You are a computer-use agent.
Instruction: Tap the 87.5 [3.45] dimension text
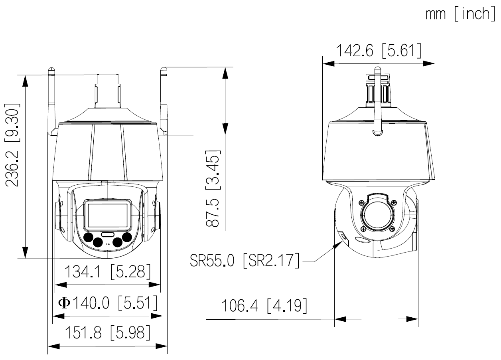click(213, 189)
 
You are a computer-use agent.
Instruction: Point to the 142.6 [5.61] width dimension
click(378, 51)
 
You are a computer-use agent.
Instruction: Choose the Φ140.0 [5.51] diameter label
click(108, 303)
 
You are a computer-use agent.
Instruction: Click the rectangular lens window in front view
click(108, 215)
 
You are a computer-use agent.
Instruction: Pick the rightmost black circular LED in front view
click(127, 237)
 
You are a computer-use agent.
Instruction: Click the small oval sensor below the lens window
click(108, 234)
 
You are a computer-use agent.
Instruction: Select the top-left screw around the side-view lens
click(361, 202)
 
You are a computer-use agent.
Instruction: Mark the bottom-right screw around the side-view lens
click(393, 229)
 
